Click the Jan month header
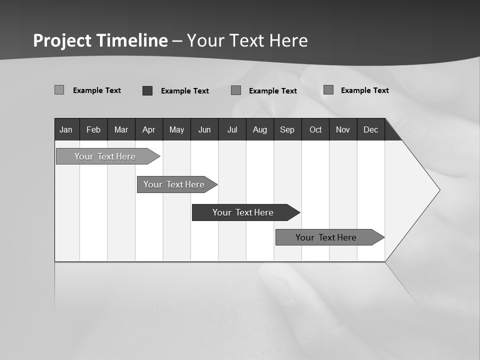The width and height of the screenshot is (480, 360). click(x=66, y=129)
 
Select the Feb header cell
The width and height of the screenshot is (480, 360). click(x=93, y=129)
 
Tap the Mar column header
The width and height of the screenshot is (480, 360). click(x=121, y=129)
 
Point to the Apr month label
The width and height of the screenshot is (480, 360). click(x=148, y=129)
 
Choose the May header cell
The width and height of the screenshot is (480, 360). click(x=176, y=129)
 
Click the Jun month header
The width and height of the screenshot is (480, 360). click(x=204, y=129)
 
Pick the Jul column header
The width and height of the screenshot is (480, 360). click(x=232, y=129)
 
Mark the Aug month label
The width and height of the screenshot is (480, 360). click(x=260, y=129)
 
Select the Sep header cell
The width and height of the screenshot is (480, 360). click(x=287, y=129)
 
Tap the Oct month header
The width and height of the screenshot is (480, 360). click(x=315, y=129)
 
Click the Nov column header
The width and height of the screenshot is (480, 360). click(x=343, y=129)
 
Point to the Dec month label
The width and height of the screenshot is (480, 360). click(x=370, y=129)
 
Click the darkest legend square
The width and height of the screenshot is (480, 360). click(x=147, y=90)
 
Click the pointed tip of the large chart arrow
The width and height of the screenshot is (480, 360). click(x=438, y=190)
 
